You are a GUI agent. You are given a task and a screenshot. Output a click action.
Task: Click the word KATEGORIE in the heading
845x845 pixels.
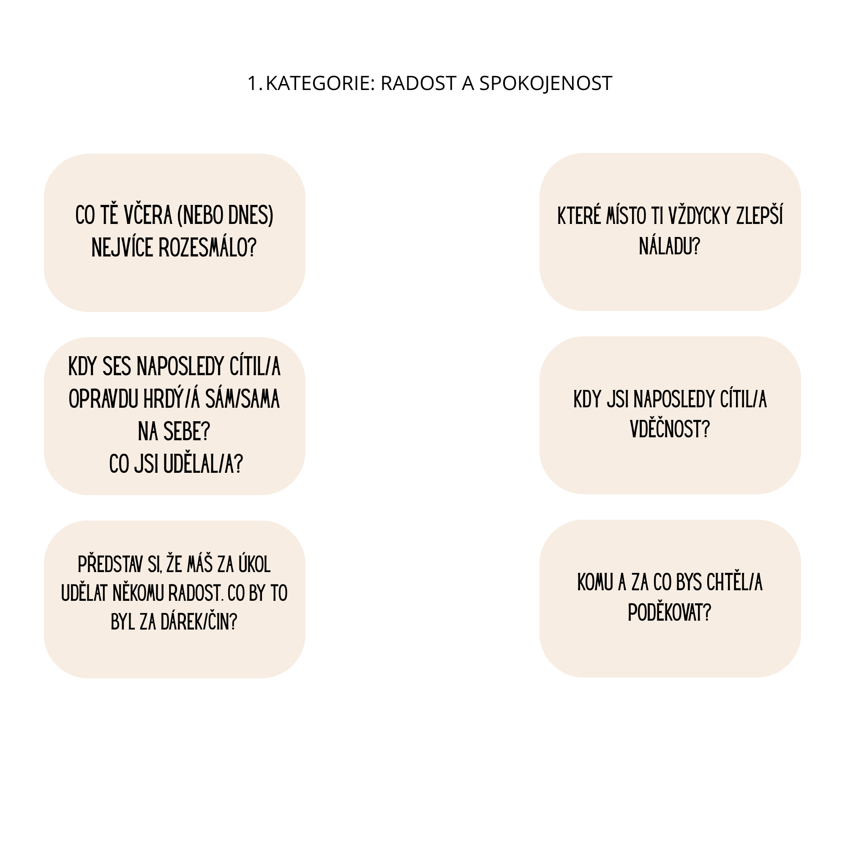point(320,84)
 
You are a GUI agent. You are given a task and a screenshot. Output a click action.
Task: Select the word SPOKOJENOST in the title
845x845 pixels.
point(545,84)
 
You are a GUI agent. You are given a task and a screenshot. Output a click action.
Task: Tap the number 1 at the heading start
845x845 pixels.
point(253,84)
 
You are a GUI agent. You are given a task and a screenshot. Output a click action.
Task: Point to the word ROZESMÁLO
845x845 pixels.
point(207,248)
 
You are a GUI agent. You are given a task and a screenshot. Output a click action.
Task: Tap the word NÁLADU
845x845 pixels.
point(669,246)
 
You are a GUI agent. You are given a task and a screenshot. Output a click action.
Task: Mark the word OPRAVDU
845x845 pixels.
point(103,399)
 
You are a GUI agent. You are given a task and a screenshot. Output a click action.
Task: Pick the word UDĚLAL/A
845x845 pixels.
point(203,464)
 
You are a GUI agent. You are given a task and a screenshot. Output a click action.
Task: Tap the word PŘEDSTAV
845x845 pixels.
point(111,564)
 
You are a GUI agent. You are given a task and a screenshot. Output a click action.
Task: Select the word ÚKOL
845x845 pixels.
point(254,564)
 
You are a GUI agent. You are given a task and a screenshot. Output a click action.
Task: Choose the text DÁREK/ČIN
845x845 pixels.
point(199,622)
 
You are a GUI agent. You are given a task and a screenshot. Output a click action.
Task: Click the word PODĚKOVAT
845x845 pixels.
point(669,612)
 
